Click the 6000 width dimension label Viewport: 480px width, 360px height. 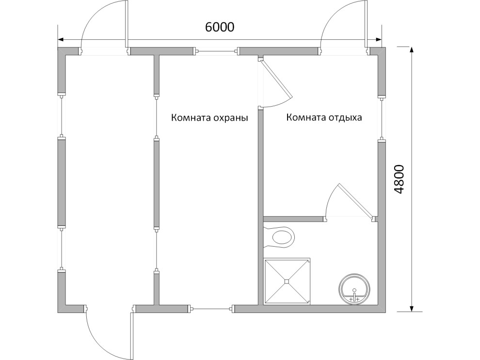tap(220, 27)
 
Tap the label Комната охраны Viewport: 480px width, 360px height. tap(209, 118)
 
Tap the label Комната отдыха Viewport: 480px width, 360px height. tap(324, 117)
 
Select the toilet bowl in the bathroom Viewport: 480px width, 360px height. tap(279, 236)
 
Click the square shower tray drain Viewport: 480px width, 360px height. tap(287, 282)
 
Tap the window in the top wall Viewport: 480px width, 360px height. tap(217, 51)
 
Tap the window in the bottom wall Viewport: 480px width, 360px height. tap(211, 309)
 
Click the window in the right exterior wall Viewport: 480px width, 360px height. tap(382, 118)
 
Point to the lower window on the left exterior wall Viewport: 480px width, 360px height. tap(62, 249)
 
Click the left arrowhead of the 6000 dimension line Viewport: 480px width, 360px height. tap(61, 39)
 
